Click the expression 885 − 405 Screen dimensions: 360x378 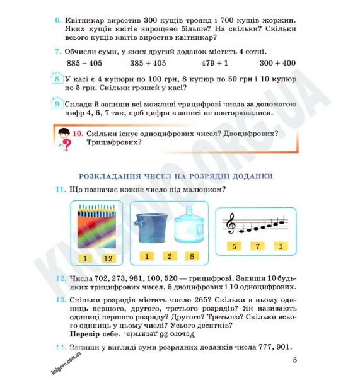tap(84, 63)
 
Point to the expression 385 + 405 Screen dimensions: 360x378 tap(148, 63)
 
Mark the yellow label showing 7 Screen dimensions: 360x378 tap(257, 246)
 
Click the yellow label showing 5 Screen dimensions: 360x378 tap(234, 246)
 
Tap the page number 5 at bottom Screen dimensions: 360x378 tap(294, 360)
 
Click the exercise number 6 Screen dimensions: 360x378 tap(57, 21)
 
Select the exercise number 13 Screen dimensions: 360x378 tap(59, 302)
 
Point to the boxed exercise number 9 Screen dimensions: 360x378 tap(57, 105)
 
